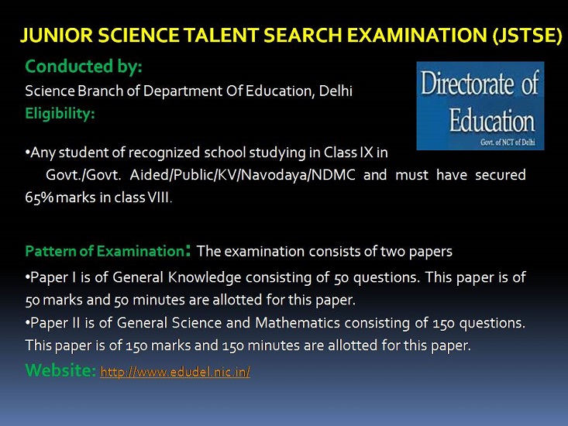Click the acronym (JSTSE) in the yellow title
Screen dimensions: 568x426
pos(527,36)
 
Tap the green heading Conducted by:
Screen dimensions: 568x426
pos(84,67)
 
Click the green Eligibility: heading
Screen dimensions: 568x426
pos(60,114)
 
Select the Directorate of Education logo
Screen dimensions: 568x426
pos(480,105)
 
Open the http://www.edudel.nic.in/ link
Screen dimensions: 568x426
pos(175,372)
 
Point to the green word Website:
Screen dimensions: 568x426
pos(60,371)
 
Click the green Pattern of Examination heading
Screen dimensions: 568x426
pos(105,251)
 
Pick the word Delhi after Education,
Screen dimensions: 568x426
pos(336,91)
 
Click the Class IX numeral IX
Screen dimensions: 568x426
pos(367,153)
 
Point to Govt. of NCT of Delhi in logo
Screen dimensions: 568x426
pos(508,143)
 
